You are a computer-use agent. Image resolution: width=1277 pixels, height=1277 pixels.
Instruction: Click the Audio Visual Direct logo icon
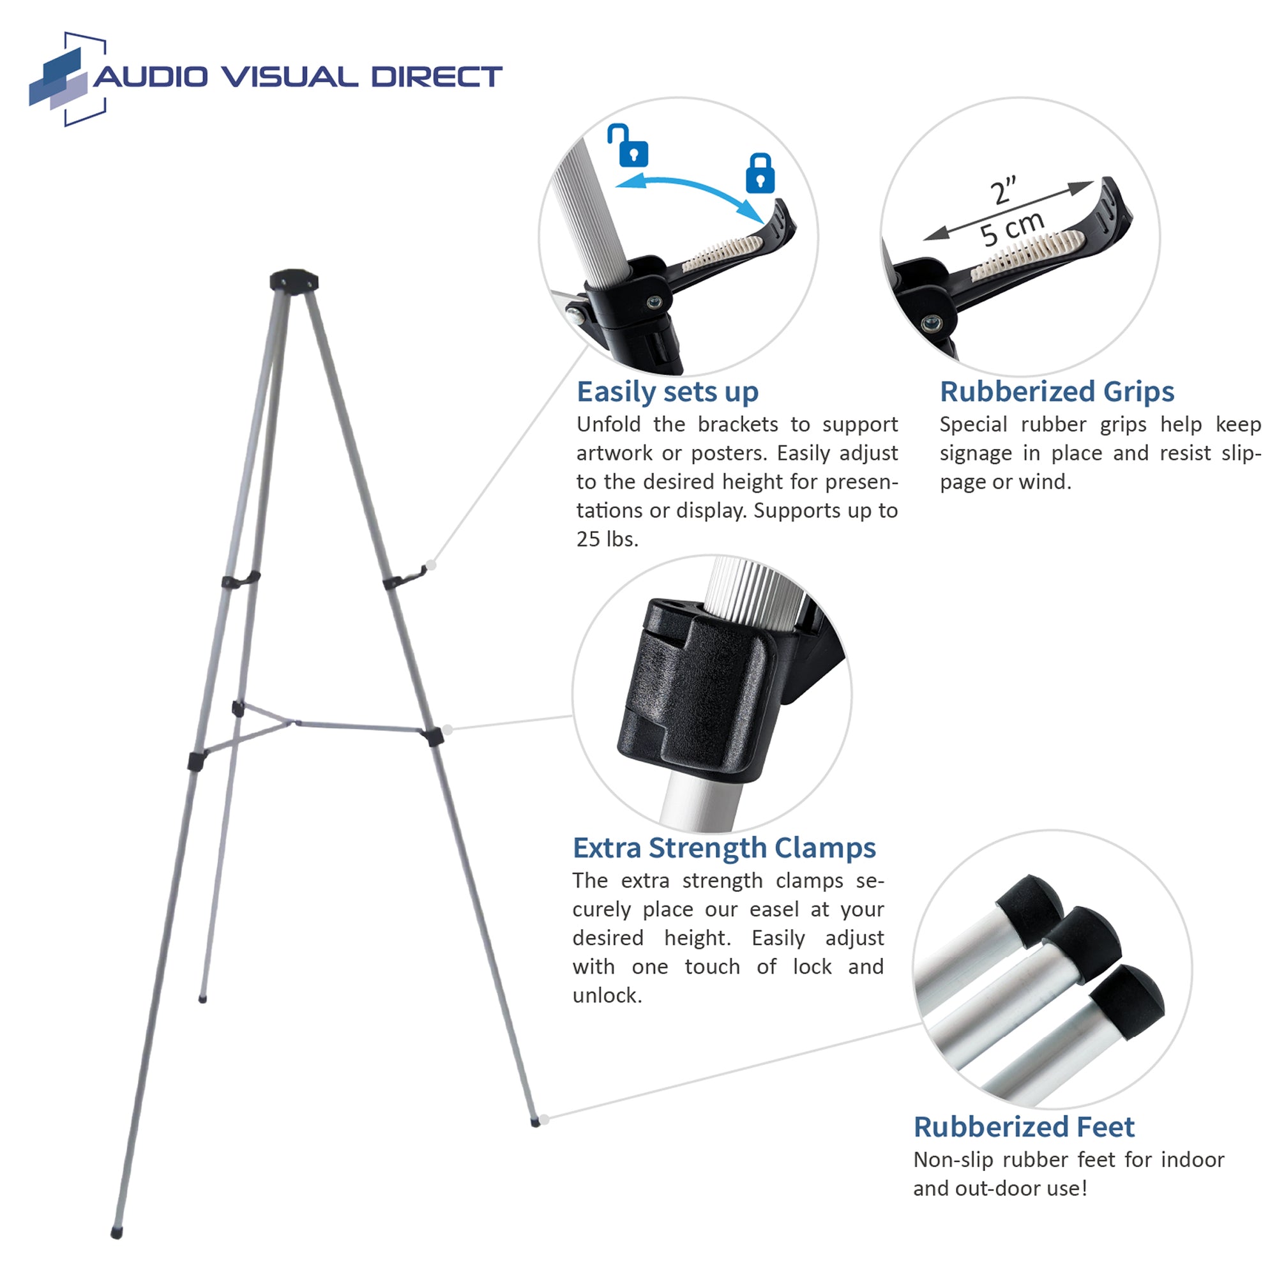68,79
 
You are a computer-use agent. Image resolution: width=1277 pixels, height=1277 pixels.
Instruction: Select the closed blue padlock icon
760,173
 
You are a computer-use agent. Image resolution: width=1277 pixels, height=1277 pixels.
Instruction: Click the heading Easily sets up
668,393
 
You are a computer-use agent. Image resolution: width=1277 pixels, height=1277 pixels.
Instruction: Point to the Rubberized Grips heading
1057,391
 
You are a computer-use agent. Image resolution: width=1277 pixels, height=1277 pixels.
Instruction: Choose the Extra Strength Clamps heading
724,848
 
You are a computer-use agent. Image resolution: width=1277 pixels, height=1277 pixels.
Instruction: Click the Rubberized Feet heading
1024,1127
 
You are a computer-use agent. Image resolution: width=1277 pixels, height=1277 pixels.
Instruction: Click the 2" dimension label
1003,190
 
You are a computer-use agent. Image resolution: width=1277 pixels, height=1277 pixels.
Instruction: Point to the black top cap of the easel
294,280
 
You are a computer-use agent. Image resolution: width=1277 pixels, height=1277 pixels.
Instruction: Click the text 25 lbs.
607,540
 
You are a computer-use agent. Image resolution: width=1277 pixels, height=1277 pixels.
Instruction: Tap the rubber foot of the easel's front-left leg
117,1233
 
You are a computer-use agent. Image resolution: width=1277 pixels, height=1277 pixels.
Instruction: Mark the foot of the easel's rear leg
203,999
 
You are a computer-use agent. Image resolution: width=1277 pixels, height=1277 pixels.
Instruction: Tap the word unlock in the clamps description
606,995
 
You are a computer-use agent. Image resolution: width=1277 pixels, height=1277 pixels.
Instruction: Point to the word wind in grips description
1043,482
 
